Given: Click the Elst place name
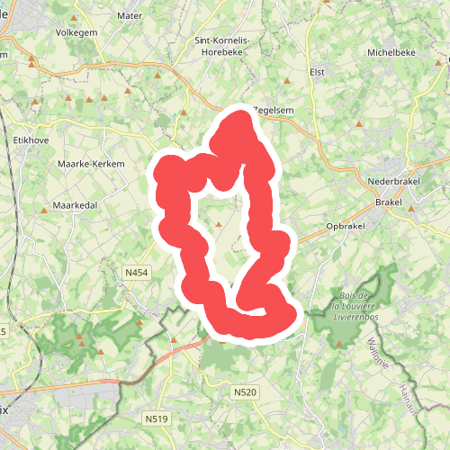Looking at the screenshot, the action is coord(316,71).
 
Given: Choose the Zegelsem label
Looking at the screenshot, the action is coord(274,110).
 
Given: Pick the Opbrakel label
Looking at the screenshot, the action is coord(346,226).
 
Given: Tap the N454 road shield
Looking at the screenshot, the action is coord(135,270).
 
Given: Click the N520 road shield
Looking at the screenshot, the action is coord(245,391).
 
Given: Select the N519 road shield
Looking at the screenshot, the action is coord(157,418).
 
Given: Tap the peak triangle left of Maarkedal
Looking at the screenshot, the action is coord(44,209).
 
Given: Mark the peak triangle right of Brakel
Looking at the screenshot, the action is coord(411,208).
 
